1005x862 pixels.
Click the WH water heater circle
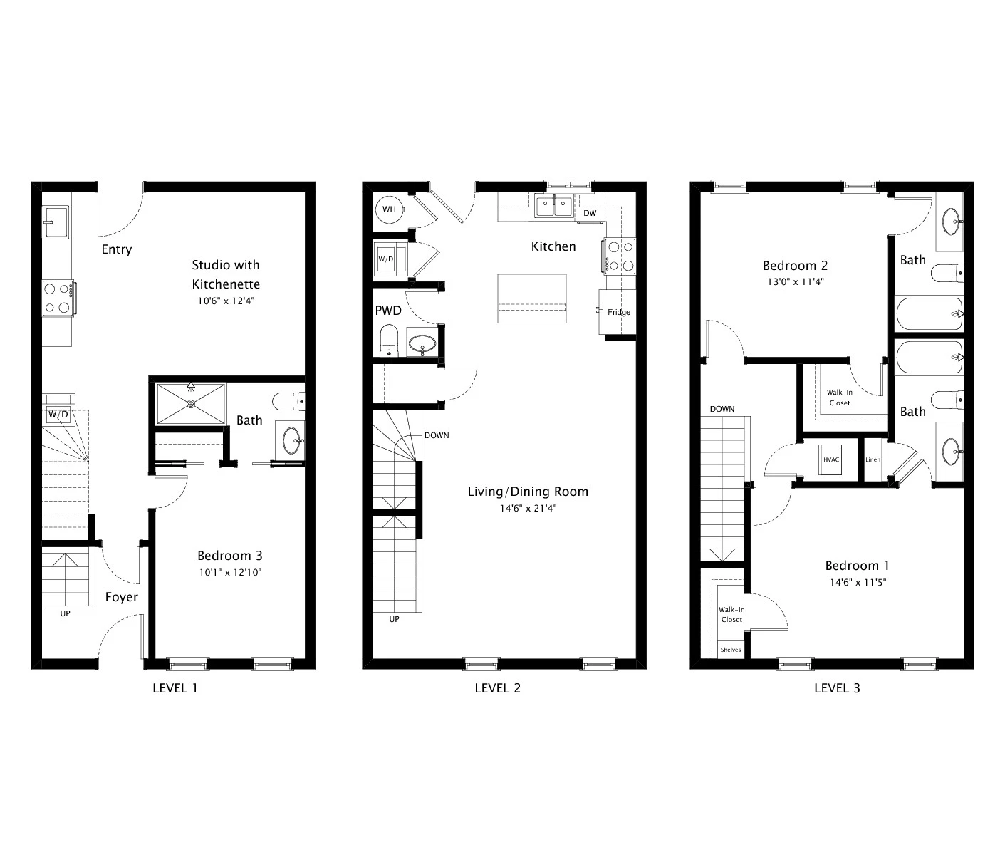pyautogui.click(x=389, y=209)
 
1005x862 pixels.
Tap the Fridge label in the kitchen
pyautogui.click(x=618, y=312)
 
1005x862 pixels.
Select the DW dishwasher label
pyautogui.click(x=590, y=213)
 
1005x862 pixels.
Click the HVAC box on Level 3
pyautogui.click(x=831, y=459)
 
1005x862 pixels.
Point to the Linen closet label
pyautogui.click(x=873, y=459)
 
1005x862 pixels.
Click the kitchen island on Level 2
pyautogui.click(x=532, y=298)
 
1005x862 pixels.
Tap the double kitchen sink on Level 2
pyautogui.click(x=554, y=207)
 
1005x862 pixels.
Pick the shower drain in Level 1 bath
pyautogui.click(x=191, y=403)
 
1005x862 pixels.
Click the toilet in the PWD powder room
pyautogui.click(x=389, y=340)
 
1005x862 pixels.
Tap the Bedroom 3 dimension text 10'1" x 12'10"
pyautogui.click(x=229, y=572)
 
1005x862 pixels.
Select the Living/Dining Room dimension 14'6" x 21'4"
pyautogui.click(x=527, y=508)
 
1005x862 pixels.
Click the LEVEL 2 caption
pyautogui.click(x=498, y=688)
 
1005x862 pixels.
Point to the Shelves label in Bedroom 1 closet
pyautogui.click(x=730, y=650)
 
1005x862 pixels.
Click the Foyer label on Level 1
pyautogui.click(x=121, y=597)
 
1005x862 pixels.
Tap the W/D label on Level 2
pyautogui.click(x=385, y=259)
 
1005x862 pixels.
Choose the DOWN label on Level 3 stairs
pyautogui.click(x=722, y=409)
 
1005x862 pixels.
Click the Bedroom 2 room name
pyautogui.click(x=795, y=266)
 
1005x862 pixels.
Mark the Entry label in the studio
pyautogui.click(x=116, y=249)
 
